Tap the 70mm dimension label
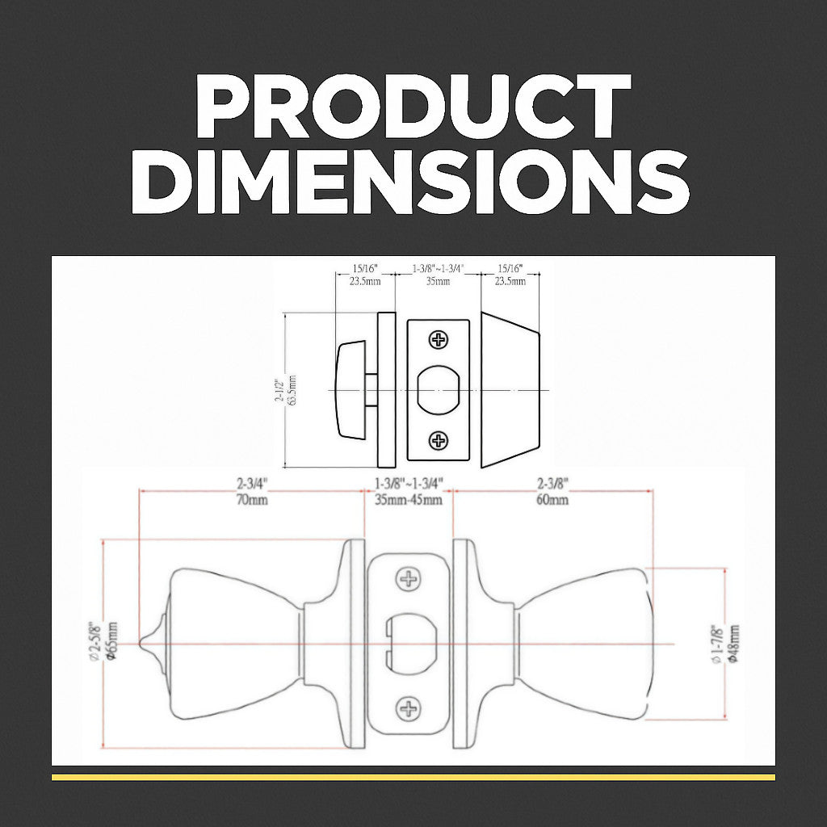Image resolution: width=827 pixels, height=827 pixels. [x=252, y=499]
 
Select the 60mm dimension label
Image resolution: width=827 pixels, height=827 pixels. [x=552, y=499]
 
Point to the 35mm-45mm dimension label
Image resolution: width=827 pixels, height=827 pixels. [x=409, y=499]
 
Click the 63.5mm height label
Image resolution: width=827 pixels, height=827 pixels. [x=292, y=390]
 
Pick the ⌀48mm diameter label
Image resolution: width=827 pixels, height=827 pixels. [x=733, y=644]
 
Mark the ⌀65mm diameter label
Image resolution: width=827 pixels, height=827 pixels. [x=111, y=641]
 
